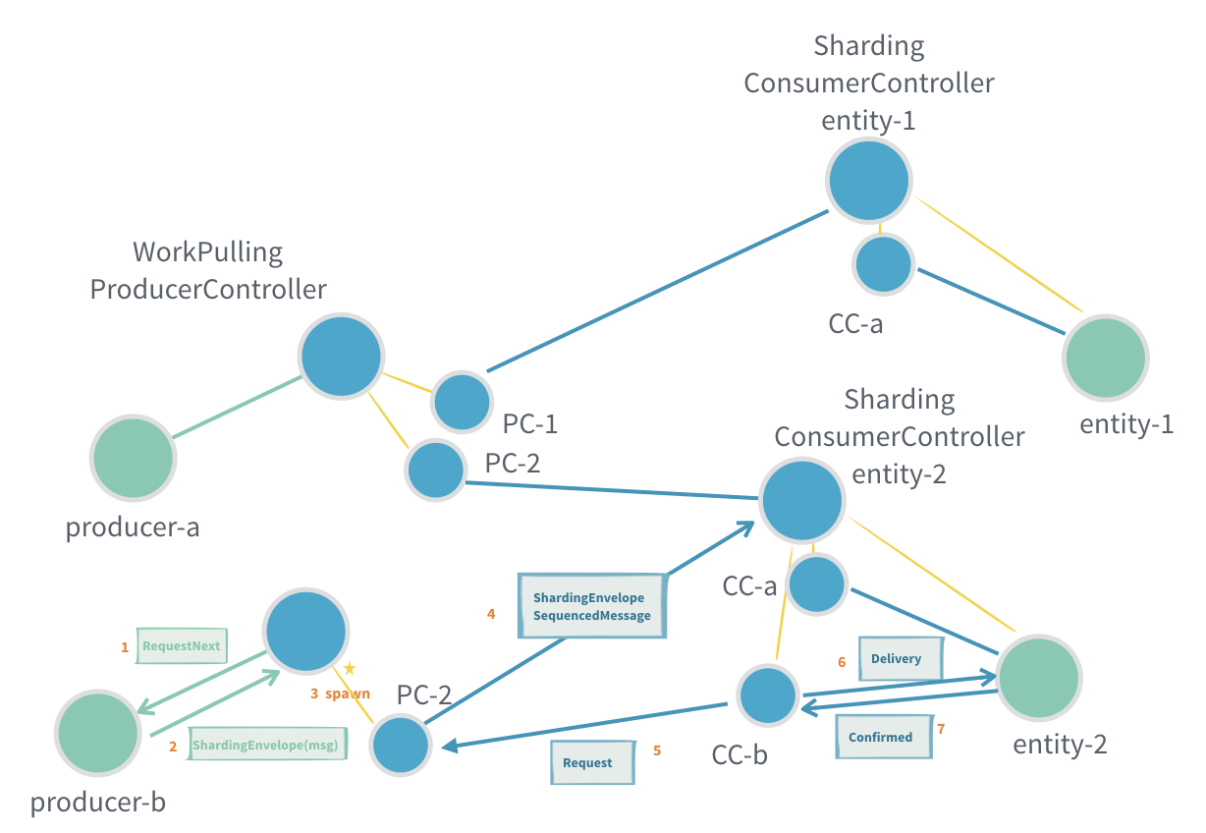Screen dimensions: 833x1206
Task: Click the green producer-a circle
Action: tap(133, 458)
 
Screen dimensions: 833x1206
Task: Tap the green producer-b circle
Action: tap(97, 734)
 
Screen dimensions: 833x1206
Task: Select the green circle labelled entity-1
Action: tap(1105, 358)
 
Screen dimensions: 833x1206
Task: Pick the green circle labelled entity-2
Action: tap(1039, 677)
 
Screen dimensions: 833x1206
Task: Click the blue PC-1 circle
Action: tap(462, 401)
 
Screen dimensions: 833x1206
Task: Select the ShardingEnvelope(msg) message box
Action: tap(265, 746)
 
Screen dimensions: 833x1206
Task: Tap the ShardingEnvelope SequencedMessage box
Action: tap(592, 606)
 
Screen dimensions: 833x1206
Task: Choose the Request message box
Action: tap(591, 762)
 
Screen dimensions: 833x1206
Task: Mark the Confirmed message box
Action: tap(881, 737)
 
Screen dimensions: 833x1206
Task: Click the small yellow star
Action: tap(349, 668)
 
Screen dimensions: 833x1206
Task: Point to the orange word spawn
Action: tap(348, 694)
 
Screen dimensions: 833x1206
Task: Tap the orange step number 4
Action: tap(491, 614)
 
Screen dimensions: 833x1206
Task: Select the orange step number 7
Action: tap(941, 729)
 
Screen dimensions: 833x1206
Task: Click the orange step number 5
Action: tap(656, 750)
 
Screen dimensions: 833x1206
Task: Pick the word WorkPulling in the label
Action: tap(207, 252)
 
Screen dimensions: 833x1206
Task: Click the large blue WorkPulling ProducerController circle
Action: tap(341, 357)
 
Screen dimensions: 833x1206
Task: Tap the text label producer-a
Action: tap(133, 528)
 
